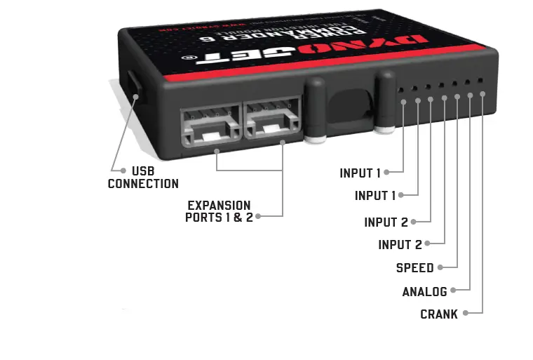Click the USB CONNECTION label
point(143,177)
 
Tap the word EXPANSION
point(219,205)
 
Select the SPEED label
point(414,268)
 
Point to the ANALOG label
point(424,292)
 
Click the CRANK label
point(438,314)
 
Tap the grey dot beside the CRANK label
point(464,313)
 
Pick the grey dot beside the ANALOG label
point(454,290)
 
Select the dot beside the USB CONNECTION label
point(123,170)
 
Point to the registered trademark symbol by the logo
point(186,60)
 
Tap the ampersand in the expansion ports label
point(237,218)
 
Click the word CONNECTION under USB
point(143,184)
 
